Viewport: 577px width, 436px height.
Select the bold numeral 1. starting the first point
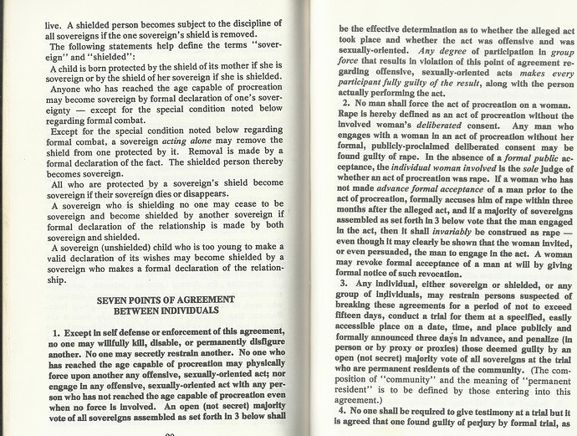[x=55, y=335]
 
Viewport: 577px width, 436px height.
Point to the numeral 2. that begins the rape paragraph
[x=345, y=101]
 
